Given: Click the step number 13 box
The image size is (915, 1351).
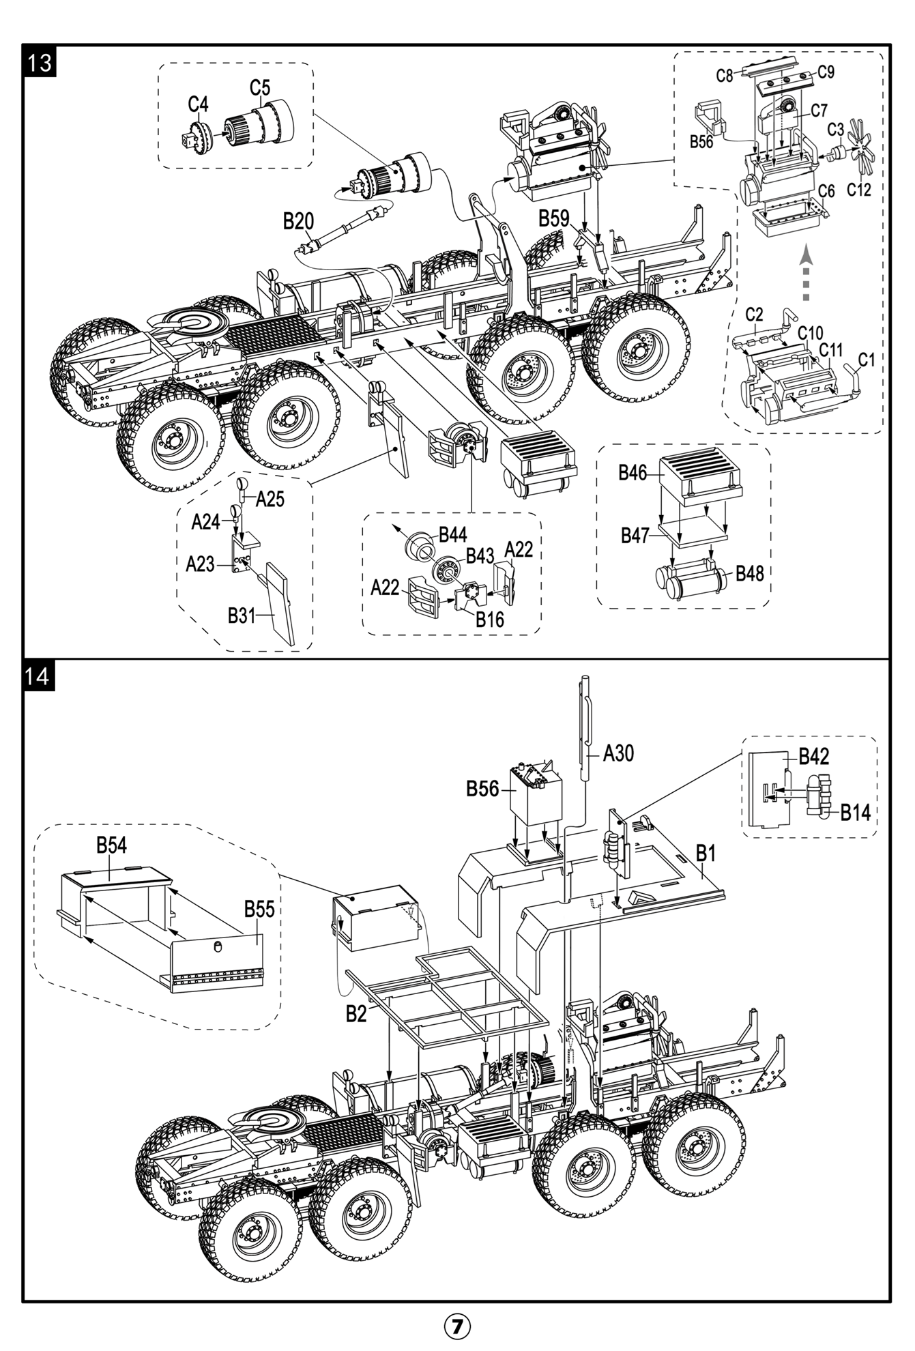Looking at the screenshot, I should (x=40, y=63).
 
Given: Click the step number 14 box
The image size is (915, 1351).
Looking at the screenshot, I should (x=38, y=676).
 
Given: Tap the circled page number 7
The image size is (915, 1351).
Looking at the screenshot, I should (x=458, y=1326).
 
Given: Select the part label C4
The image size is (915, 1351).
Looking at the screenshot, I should (x=198, y=104).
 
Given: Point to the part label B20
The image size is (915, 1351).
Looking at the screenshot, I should (x=298, y=221).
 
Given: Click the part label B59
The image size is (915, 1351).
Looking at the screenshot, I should (x=553, y=218).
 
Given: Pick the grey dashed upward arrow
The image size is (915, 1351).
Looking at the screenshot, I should (x=806, y=273).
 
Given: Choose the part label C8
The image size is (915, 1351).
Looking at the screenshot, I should (x=724, y=76).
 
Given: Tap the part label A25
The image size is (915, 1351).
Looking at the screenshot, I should (x=270, y=499).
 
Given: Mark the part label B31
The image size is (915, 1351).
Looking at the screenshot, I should (x=241, y=615).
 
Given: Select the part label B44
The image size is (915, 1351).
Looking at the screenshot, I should (x=452, y=534).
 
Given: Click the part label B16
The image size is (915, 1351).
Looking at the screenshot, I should (x=489, y=620).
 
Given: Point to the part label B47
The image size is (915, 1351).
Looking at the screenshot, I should (x=635, y=536).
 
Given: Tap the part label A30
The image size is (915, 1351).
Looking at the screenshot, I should (x=618, y=753).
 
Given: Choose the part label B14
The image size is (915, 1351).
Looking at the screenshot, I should (x=855, y=812).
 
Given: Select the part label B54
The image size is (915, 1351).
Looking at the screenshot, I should (x=111, y=845).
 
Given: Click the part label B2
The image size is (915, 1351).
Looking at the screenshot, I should (x=356, y=1014).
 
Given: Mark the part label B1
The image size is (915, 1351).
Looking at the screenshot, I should (x=706, y=853).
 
